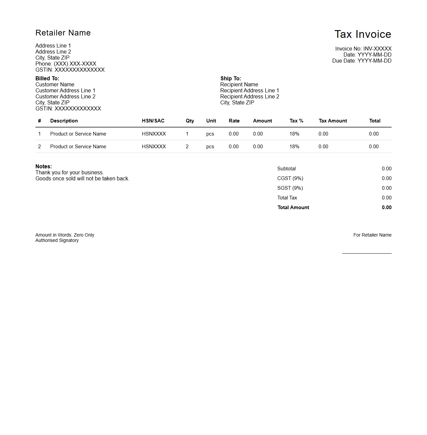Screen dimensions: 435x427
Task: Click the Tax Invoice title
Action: (x=363, y=34)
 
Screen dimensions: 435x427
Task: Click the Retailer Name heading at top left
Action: (x=63, y=33)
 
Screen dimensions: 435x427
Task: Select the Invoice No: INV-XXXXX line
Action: (x=363, y=49)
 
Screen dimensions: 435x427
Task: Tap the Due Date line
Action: (x=362, y=61)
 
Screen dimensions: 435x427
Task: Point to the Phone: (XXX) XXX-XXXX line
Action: (x=66, y=64)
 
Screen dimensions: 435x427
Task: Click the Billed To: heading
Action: (x=47, y=79)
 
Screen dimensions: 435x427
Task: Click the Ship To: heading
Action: (x=231, y=79)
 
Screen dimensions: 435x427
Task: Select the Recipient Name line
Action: (x=239, y=85)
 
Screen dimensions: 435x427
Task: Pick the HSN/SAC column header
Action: (x=153, y=121)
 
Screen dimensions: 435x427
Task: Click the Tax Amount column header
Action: (x=333, y=121)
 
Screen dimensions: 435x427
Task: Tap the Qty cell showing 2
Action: (x=187, y=147)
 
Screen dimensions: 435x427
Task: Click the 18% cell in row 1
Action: (x=294, y=134)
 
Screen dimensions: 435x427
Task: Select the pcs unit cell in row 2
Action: (x=210, y=147)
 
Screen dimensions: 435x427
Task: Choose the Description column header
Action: (x=64, y=121)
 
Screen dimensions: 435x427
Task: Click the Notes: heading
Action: (x=44, y=167)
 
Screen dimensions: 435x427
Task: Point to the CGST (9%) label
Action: (x=290, y=178)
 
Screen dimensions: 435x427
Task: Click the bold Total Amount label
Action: (x=293, y=207)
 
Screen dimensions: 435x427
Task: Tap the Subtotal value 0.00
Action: (x=387, y=169)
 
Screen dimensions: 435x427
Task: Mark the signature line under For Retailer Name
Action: (x=367, y=253)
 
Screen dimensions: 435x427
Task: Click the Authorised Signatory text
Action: (x=57, y=241)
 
